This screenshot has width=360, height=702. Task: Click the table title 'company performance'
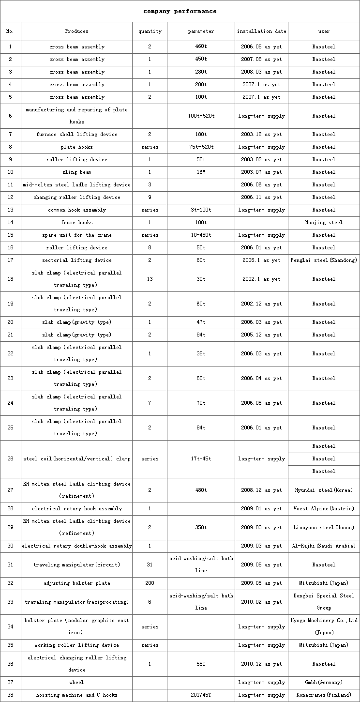(x=180, y=11)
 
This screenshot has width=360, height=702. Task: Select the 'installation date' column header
(x=261, y=31)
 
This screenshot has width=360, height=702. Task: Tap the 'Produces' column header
(x=77, y=31)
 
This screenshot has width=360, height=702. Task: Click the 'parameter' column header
(x=201, y=31)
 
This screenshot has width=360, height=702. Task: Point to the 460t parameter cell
(x=201, y=47)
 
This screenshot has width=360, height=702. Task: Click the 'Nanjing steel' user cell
(x=324, y=223)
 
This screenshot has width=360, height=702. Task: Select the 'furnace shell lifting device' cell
(x=77, y=135)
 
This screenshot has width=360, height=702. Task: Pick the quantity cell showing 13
(x=150, y=279)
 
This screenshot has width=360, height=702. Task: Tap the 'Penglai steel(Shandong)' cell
(x=324, y=260)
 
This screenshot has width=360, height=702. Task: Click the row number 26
(x=11, y=459)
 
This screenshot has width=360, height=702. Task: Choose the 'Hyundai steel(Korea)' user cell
(x=324, y=490)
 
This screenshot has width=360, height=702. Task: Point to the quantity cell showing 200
(x=150, y=583)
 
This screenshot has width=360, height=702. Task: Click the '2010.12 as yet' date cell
(x=261, y=664)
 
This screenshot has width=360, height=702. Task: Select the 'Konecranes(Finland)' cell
(x=324, y=695)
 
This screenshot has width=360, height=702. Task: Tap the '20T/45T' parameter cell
(x=201, y=695)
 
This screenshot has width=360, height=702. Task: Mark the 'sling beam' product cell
(x=77, y=172)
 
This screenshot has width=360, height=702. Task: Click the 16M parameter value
(x=201, y=172)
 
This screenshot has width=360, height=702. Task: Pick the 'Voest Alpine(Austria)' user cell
(x=324, y=509)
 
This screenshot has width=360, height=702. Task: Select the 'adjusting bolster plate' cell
(x=77, y=583)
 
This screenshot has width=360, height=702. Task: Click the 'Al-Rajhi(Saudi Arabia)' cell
(x=324, y=546)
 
